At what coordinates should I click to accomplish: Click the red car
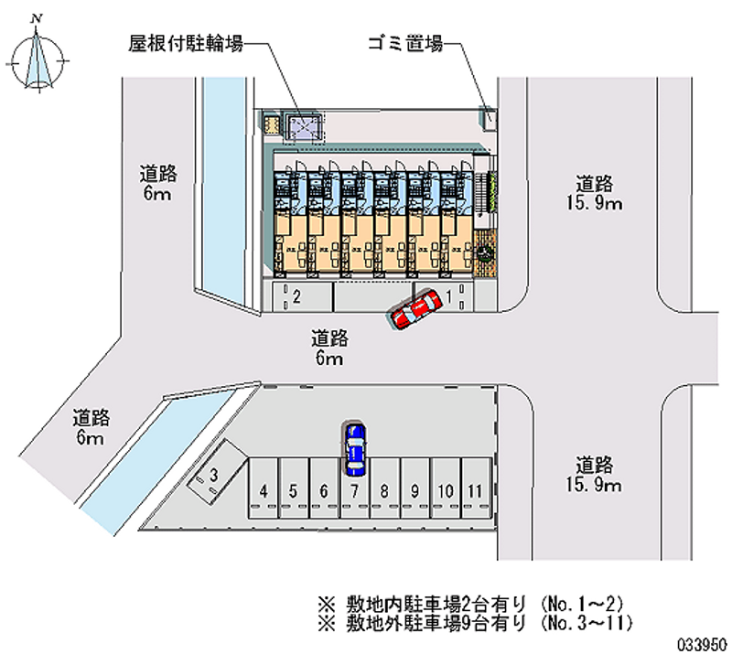pos(413,310)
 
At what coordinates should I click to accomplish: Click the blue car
pos(355,448)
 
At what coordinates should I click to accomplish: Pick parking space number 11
pos(474,491)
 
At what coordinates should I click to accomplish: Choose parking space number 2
pos(296,295)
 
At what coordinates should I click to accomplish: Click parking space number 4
pos(264,491)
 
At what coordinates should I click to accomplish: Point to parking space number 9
pos(414,491)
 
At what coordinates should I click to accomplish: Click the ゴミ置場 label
pos(404,43)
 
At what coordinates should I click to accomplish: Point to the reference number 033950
pos(700,643)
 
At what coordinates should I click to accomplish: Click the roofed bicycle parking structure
pos(302,127)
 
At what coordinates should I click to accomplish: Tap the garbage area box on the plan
pos(490,118)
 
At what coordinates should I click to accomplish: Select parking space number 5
pos(293,491)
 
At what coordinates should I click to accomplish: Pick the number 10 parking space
pos(445,491)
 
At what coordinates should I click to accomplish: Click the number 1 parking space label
pos(449,295)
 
